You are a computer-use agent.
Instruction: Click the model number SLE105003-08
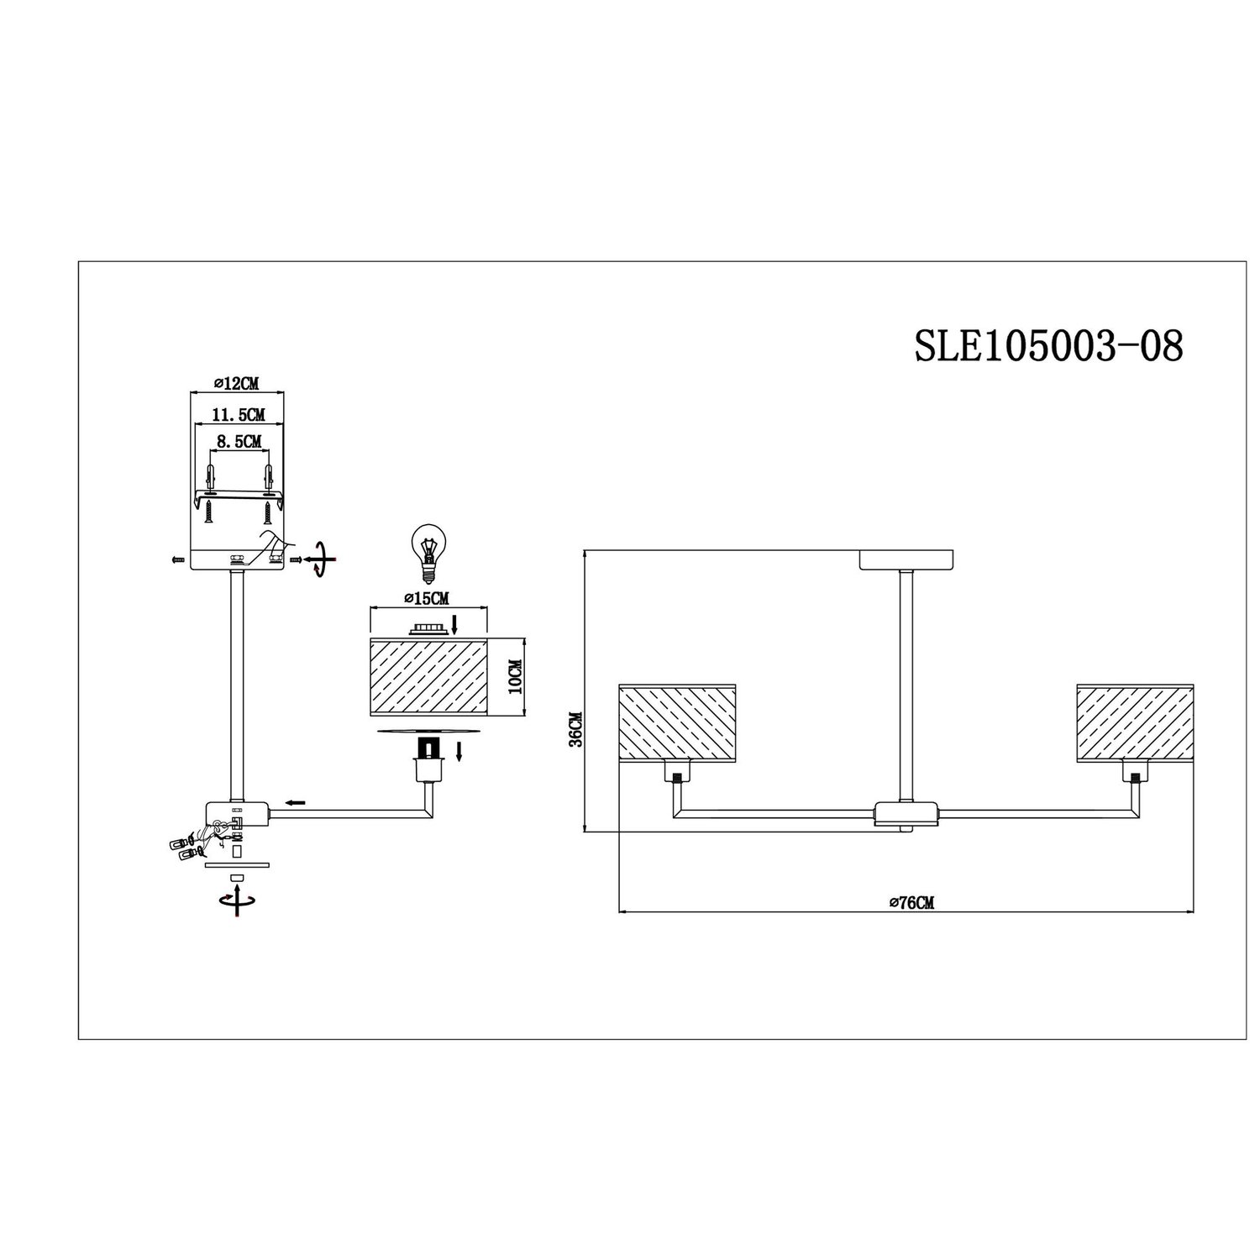tap(1048, 345)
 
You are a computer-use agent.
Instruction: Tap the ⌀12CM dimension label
tap(236, 383)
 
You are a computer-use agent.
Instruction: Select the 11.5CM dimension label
tap(239, 414)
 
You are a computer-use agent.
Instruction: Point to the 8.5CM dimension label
tap(239, 440)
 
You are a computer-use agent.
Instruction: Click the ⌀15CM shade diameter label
tap(427, 598)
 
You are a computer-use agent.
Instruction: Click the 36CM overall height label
tap(574, 730)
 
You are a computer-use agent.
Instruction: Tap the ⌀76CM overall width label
tap(911, 903)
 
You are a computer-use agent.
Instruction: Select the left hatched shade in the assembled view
tap(678, 719)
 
